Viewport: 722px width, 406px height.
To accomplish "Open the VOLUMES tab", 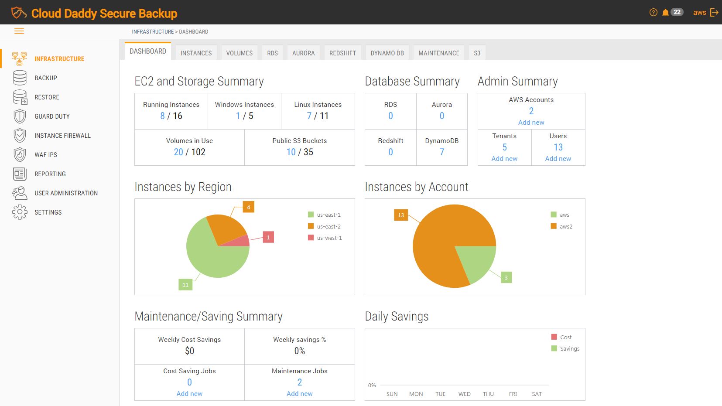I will click(x=239, y=53).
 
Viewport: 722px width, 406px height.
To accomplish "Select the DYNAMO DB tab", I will click(x=387, y=53).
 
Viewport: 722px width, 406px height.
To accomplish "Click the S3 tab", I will click(x=477, y=53).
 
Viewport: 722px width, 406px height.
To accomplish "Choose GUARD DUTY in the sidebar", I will click(x=52, y=116).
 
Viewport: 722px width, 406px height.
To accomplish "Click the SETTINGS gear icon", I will click(x=20, y=212).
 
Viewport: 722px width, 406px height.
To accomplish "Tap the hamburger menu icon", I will click(x=19, y=31).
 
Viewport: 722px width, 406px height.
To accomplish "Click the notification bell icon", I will click(x=665, y=12).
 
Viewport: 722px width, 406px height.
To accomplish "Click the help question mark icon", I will click(x=653, y=12).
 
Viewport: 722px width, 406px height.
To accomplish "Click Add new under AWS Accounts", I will click(x=531, y=123).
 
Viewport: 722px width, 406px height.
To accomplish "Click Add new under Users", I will click(x=558, y=159).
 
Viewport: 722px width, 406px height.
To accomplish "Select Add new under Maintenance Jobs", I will click(x=299, y=394).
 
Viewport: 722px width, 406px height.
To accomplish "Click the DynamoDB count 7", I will click(x=441, y=152).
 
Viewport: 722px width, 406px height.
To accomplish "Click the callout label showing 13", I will click(x=401, y=215).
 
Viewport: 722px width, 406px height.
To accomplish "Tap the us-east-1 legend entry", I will click(x=325, y=215).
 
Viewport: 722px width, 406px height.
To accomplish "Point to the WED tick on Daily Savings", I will click(x=464, y=394).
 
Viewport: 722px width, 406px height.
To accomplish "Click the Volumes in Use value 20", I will click(x=178, y=152).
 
